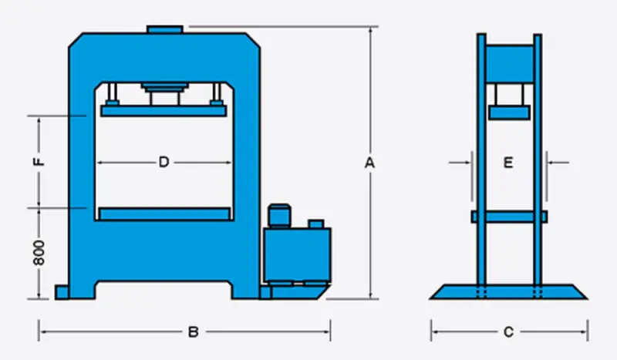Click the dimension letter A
click(369, 163)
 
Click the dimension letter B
click(194, 332)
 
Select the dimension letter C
click(508, 332)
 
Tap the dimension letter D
click(164, 162)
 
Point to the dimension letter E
click(508, 162)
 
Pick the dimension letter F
click(41, 163)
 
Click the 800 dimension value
click(41, 252)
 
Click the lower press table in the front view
click(165, 214)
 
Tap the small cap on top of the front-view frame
click(165, 30)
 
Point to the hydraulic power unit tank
click(297, 254)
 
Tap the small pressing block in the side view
click(508, 113)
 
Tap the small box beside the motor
click(315, 224)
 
